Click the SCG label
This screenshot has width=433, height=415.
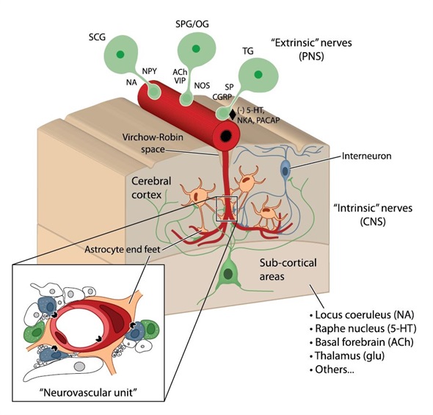point(97,37)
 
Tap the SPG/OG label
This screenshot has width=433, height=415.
point(192,24)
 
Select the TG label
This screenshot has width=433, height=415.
point(248,51)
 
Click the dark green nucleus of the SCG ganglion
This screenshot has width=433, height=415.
point(120,54)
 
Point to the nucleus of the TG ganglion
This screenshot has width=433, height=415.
point(258,74)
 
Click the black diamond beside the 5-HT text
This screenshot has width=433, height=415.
point(233,115)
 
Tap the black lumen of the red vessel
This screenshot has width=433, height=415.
point(226,136)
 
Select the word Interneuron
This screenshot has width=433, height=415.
point(366,156)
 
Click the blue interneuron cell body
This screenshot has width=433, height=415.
point(285,169)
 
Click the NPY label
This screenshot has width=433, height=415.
point(150,71)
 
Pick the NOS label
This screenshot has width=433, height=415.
point(202,85)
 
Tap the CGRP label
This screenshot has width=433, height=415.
point(222,97)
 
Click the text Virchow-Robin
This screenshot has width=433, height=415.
point(153,137)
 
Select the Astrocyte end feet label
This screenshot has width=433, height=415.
point(123,250)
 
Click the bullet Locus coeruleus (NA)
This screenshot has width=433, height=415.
point(362,314)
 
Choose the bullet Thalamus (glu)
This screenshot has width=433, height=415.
point(347,356)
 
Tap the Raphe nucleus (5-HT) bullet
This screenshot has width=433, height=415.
point(363,328)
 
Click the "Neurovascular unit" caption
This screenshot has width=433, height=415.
point(88,392)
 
